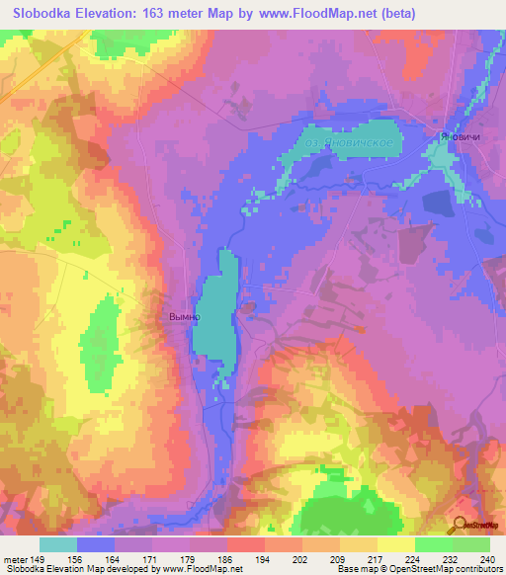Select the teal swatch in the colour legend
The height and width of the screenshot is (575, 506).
tap(58, 544)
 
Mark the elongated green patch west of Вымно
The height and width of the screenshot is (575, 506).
tap(98, 341)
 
